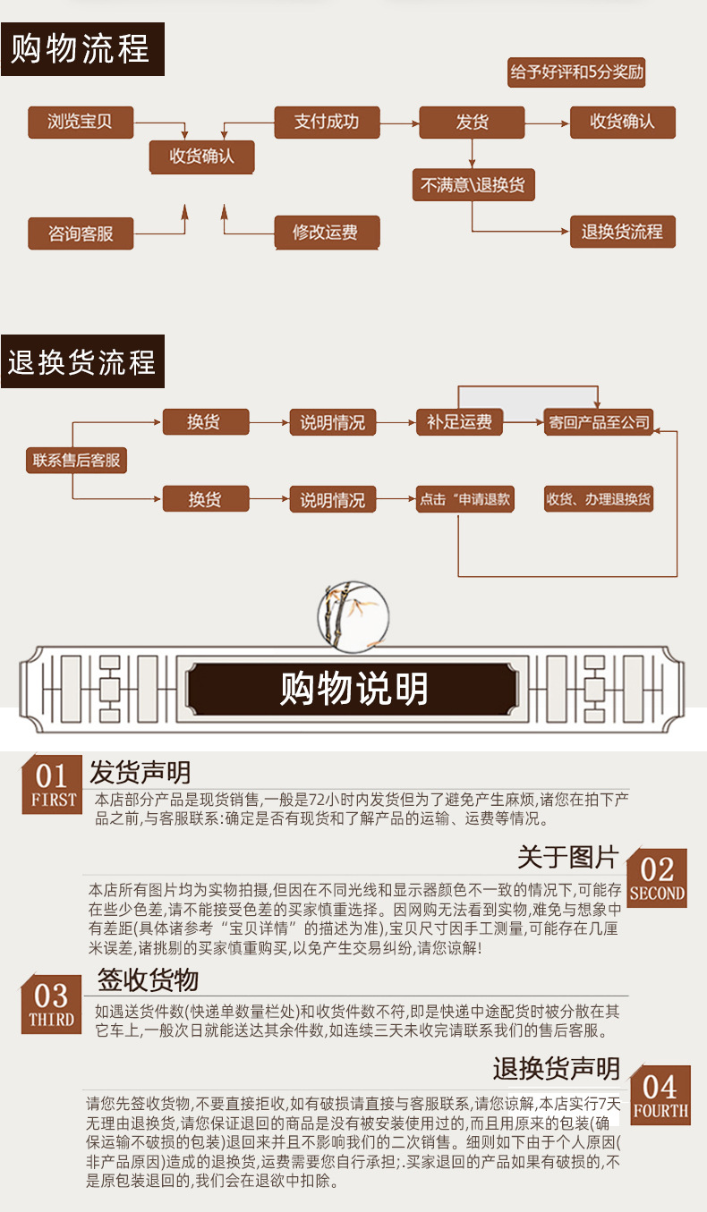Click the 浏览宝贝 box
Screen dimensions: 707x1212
pos(80,122)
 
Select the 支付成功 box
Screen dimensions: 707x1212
pos(326,122)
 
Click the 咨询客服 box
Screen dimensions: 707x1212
pos(81,233)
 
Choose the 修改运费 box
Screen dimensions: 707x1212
pos(326,233)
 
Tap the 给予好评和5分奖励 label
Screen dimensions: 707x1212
pos(576,72)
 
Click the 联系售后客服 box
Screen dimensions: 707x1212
pos(76,461)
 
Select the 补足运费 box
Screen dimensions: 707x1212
pos(459,422)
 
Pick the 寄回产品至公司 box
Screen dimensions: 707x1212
pos(599,422)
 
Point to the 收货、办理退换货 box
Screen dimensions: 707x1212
pos(599,499)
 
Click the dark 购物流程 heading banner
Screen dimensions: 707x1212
pos(82,50)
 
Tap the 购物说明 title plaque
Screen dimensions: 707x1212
pos(354,689)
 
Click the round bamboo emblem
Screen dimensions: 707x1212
pos(353,615)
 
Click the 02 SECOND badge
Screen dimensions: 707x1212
pos(657,877)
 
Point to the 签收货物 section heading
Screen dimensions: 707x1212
pos(148,979)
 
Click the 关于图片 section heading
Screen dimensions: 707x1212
pos(567,857)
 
